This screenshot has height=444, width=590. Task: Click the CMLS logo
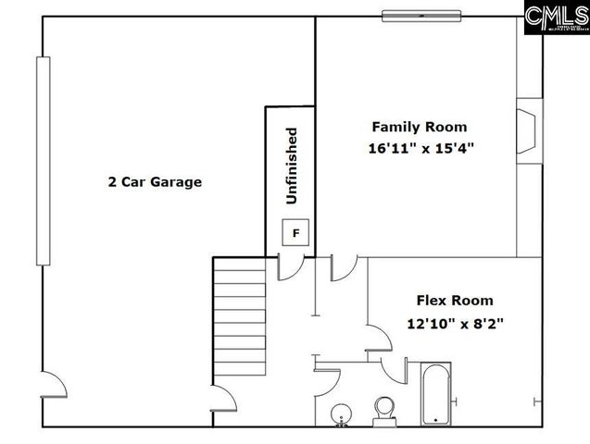coord(555,18)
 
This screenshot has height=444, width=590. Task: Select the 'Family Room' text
coord(420,127)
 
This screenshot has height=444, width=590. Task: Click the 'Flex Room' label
coord(454,300)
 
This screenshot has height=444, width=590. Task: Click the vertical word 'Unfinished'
coord(292,166)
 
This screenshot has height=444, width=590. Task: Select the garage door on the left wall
coord(42,161)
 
